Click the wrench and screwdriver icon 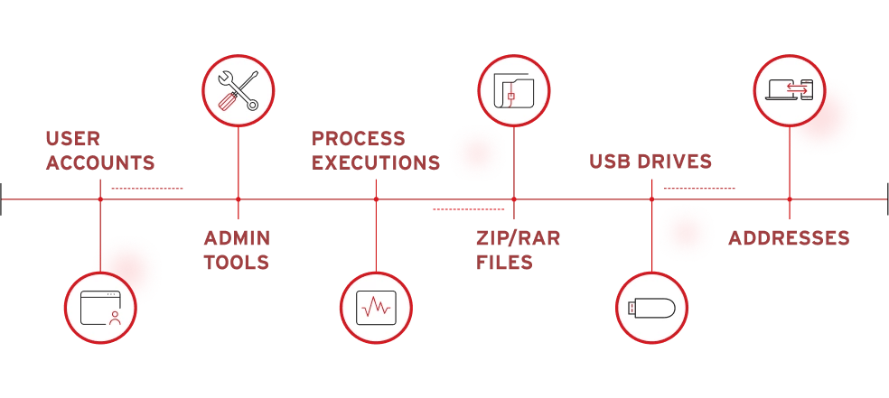[239, 91]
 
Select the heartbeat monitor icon [376, 308]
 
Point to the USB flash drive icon [650, 308]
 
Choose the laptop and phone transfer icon [789, 89]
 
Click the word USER [72, 139]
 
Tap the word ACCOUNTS [100, 163]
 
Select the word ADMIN [237, 238]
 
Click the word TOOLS [237, 263]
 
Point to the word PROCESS [359, 139]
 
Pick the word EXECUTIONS [376, 163]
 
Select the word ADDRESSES [789, 238]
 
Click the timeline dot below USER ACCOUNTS [100, 199]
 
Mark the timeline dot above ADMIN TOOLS [239, 199]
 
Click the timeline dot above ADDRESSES [789, 199]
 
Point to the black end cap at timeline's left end [3, 199]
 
